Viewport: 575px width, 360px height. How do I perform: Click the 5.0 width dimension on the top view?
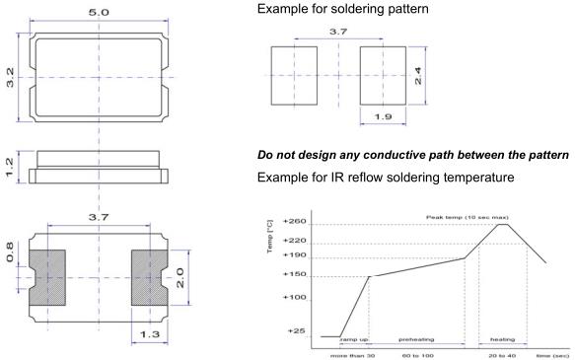(99, 12)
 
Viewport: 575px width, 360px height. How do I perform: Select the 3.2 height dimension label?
(10, 77)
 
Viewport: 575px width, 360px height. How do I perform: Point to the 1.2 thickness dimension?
(10, 167)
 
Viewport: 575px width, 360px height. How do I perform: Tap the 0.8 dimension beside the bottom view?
(10, 252)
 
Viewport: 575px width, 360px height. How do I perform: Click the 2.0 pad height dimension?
(180, 277)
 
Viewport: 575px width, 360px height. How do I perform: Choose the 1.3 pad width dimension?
(150, 334)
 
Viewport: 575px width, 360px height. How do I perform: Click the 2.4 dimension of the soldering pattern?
(418, 76)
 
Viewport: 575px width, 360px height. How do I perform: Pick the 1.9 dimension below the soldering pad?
(383, 116)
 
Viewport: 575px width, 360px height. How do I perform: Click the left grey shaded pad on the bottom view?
(47, 277)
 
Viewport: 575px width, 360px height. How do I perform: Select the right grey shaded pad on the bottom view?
(150, 277)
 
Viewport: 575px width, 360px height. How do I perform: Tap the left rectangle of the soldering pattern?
(294, 76)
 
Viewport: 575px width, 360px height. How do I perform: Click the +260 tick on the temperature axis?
(295, 222)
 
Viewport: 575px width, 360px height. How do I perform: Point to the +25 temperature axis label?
(296, 330)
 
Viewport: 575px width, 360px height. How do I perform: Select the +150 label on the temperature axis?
(295, 274)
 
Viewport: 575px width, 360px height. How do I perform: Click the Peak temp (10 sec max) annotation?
(467, 217)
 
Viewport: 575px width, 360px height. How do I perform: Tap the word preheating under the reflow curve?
(416, 339)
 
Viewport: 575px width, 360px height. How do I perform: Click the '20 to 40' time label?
(502, 356)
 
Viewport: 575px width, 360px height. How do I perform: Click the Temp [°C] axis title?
(270, 237)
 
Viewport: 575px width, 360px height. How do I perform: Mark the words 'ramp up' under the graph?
(354, 340)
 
